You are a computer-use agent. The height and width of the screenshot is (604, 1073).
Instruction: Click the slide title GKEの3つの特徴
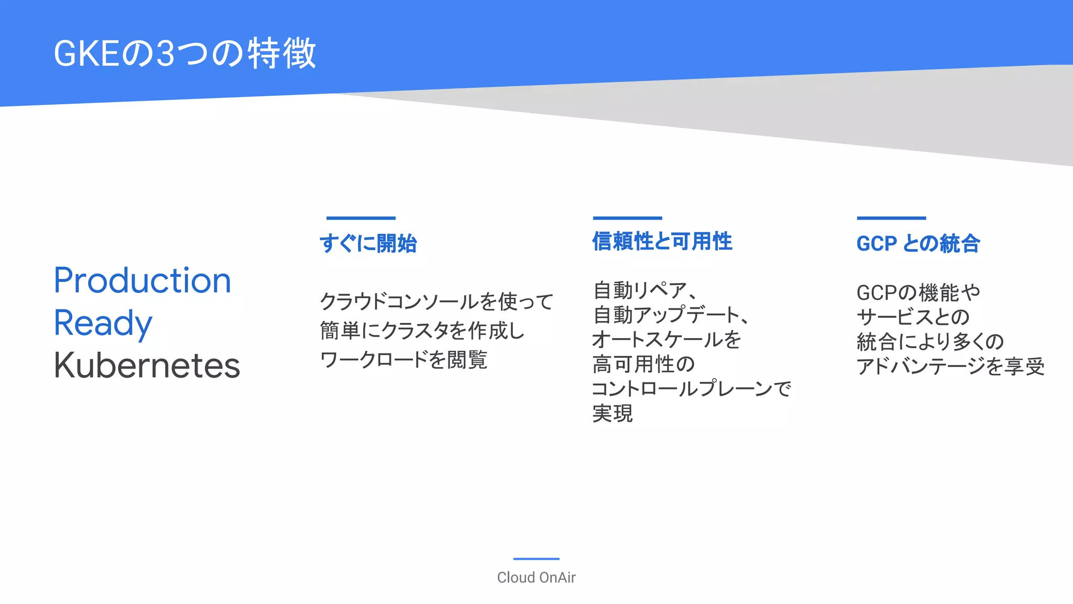point(185,53)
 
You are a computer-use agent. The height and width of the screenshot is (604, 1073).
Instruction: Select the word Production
point(143,281)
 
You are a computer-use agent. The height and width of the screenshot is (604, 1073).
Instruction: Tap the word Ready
point(103,323)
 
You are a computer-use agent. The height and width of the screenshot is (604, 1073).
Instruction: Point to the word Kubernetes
point(147,365)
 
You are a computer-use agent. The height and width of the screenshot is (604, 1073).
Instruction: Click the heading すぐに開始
point(368,244)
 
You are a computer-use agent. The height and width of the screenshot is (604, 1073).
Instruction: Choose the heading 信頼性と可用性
point(662,242)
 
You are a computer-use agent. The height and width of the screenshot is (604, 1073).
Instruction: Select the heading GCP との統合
point(918,244)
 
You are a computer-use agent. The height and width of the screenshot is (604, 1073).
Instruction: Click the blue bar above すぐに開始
point(360,218)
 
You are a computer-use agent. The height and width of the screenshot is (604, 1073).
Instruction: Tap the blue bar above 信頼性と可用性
point(627,218)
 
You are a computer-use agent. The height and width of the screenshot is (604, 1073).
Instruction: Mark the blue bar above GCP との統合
point(891,218)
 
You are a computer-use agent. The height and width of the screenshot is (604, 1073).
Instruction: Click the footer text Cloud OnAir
point(536,577)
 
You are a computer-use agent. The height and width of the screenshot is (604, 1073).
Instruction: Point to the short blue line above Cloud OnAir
point(536,559)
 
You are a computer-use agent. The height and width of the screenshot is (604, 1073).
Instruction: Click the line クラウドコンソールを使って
point(436,301)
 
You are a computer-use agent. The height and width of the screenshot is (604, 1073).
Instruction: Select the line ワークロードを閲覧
point(403,360)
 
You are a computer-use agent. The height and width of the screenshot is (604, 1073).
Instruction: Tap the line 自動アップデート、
point(671,315)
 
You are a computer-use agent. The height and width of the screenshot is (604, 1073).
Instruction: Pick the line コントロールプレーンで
point(691,389)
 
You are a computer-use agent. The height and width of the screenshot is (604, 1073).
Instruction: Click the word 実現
point(612,413)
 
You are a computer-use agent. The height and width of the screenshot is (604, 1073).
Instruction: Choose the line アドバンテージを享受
point(950,366)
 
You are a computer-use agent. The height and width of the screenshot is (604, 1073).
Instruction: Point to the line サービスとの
point(913,317)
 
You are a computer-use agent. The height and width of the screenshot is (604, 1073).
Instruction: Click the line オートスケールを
point(666,339)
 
